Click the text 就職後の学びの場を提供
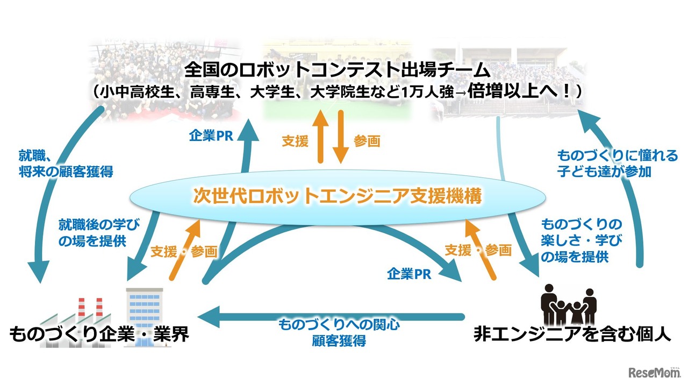(x=92, y=232)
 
